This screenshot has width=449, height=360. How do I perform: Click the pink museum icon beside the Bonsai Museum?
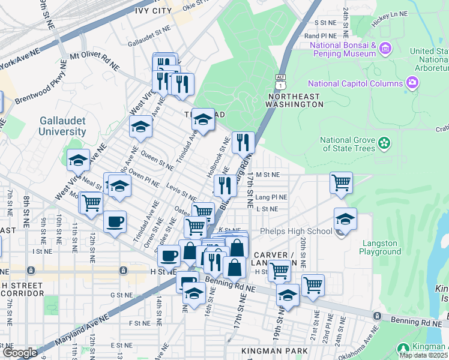pyautogui.click(x=385, y=47)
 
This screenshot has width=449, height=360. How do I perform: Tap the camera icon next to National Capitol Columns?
pyautogui.click(x=412, y=82)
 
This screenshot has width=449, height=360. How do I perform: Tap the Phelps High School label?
pyautogui.click(x=295, y=232)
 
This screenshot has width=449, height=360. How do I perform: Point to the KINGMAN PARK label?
pyautogui.click(x=274, y=350)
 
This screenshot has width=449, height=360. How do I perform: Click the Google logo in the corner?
pyautogui.click(x=19, y=353)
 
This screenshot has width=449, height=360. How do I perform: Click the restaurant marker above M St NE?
pyautogui.click(x=243, y=142)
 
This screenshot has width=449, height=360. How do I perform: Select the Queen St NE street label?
pyautogui.click(x=157, y=157)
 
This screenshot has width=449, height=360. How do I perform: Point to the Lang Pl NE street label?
pyautogui.click(x=271, y=196)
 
